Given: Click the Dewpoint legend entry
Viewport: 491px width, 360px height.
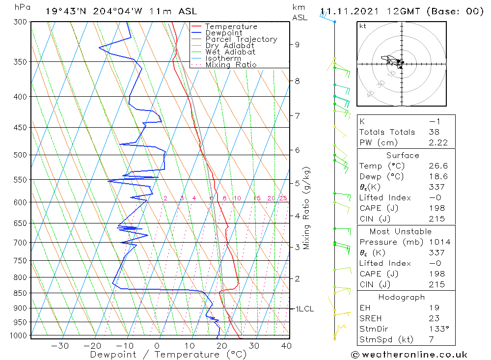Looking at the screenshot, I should click(x=223, y=33).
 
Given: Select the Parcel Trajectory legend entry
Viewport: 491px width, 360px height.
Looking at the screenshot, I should click(x=241, y=39).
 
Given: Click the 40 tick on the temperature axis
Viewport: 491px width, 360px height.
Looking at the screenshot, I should click(x=286, y=346).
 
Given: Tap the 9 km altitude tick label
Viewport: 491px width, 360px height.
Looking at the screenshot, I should click(x=297, y=44).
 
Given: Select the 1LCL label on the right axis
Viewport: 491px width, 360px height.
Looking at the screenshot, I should click(x=304, y=309).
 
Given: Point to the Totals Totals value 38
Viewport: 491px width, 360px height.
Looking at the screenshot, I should click(x=434, y=132).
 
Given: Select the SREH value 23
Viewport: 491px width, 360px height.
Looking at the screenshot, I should click(x=434, y=318).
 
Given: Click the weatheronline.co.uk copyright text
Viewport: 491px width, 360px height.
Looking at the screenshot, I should click(x=409, y=355).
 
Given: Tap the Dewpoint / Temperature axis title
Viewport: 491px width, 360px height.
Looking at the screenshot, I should click(x=168, y=354).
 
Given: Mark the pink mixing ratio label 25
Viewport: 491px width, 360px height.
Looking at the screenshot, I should click(x=283, y=198).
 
